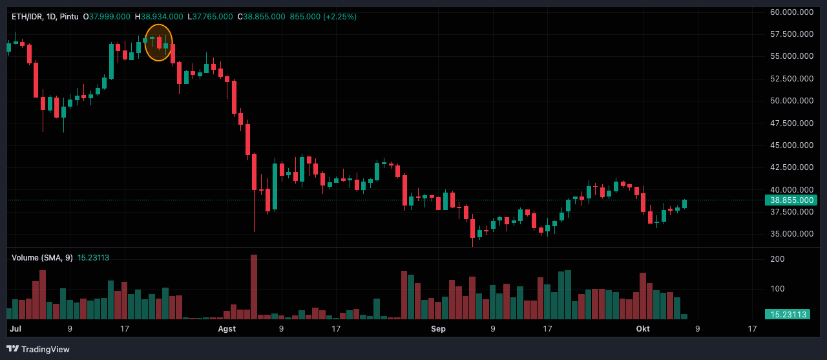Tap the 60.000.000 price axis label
click(791, 12)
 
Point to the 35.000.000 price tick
click(791, 234)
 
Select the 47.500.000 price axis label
click(791, 123)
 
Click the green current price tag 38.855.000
click(791, 200)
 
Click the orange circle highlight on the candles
click(159, 43)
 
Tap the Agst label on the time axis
click(227, 329)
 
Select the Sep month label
click(438, 329)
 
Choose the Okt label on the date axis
click(644, 329)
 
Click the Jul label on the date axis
click(16, 329)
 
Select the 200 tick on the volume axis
click(777, 259)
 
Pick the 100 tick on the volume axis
click(777, 289)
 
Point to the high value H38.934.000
click(159, 16)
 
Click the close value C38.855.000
click(261, 16)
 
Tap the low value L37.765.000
click(210, 16)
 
